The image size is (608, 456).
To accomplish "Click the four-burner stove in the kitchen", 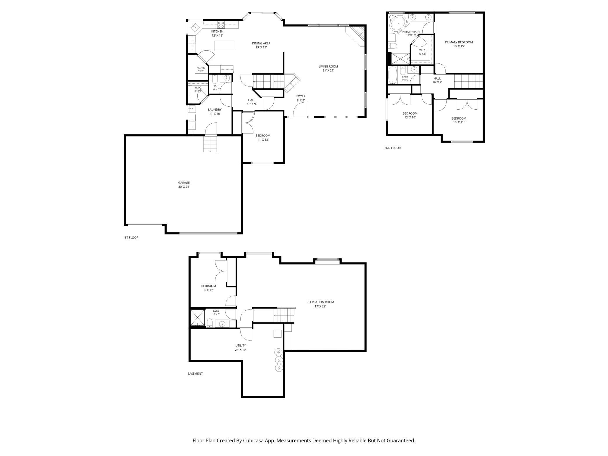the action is pyautogui.click(x=221, y=24).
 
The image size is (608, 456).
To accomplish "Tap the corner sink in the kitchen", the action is pyautogui.click(x=195, y=27).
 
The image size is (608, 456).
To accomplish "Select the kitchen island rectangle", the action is pyautogui.click(x=225, y=46).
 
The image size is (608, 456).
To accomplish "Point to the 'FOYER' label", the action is pyautogui.click(x=301, y=96).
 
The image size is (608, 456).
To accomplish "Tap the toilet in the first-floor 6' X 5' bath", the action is pyautogui.click(x=215, y=80).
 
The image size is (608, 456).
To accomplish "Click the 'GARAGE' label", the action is pyautogui.click(x=184, y=183).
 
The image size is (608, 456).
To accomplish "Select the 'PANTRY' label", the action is pyautogui.click(x=201, y=68).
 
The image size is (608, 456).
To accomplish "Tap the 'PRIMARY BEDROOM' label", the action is pyautogui.click(x=459, y=42).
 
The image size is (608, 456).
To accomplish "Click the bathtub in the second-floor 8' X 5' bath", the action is pyautogui.click(x=393, y=75).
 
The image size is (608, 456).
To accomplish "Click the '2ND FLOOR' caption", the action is pyautogui.click(x=392, y=148).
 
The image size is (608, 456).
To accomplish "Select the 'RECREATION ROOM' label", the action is pyautogui.click(x=320, y=302).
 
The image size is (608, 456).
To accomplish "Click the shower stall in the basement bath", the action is pyautogui.click(x=198, y=318).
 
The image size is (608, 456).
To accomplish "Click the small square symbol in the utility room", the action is pyautogui.click(x=277, y=334).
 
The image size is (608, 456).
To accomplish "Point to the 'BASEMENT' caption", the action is pyautogui.click(x=195, y=374).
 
